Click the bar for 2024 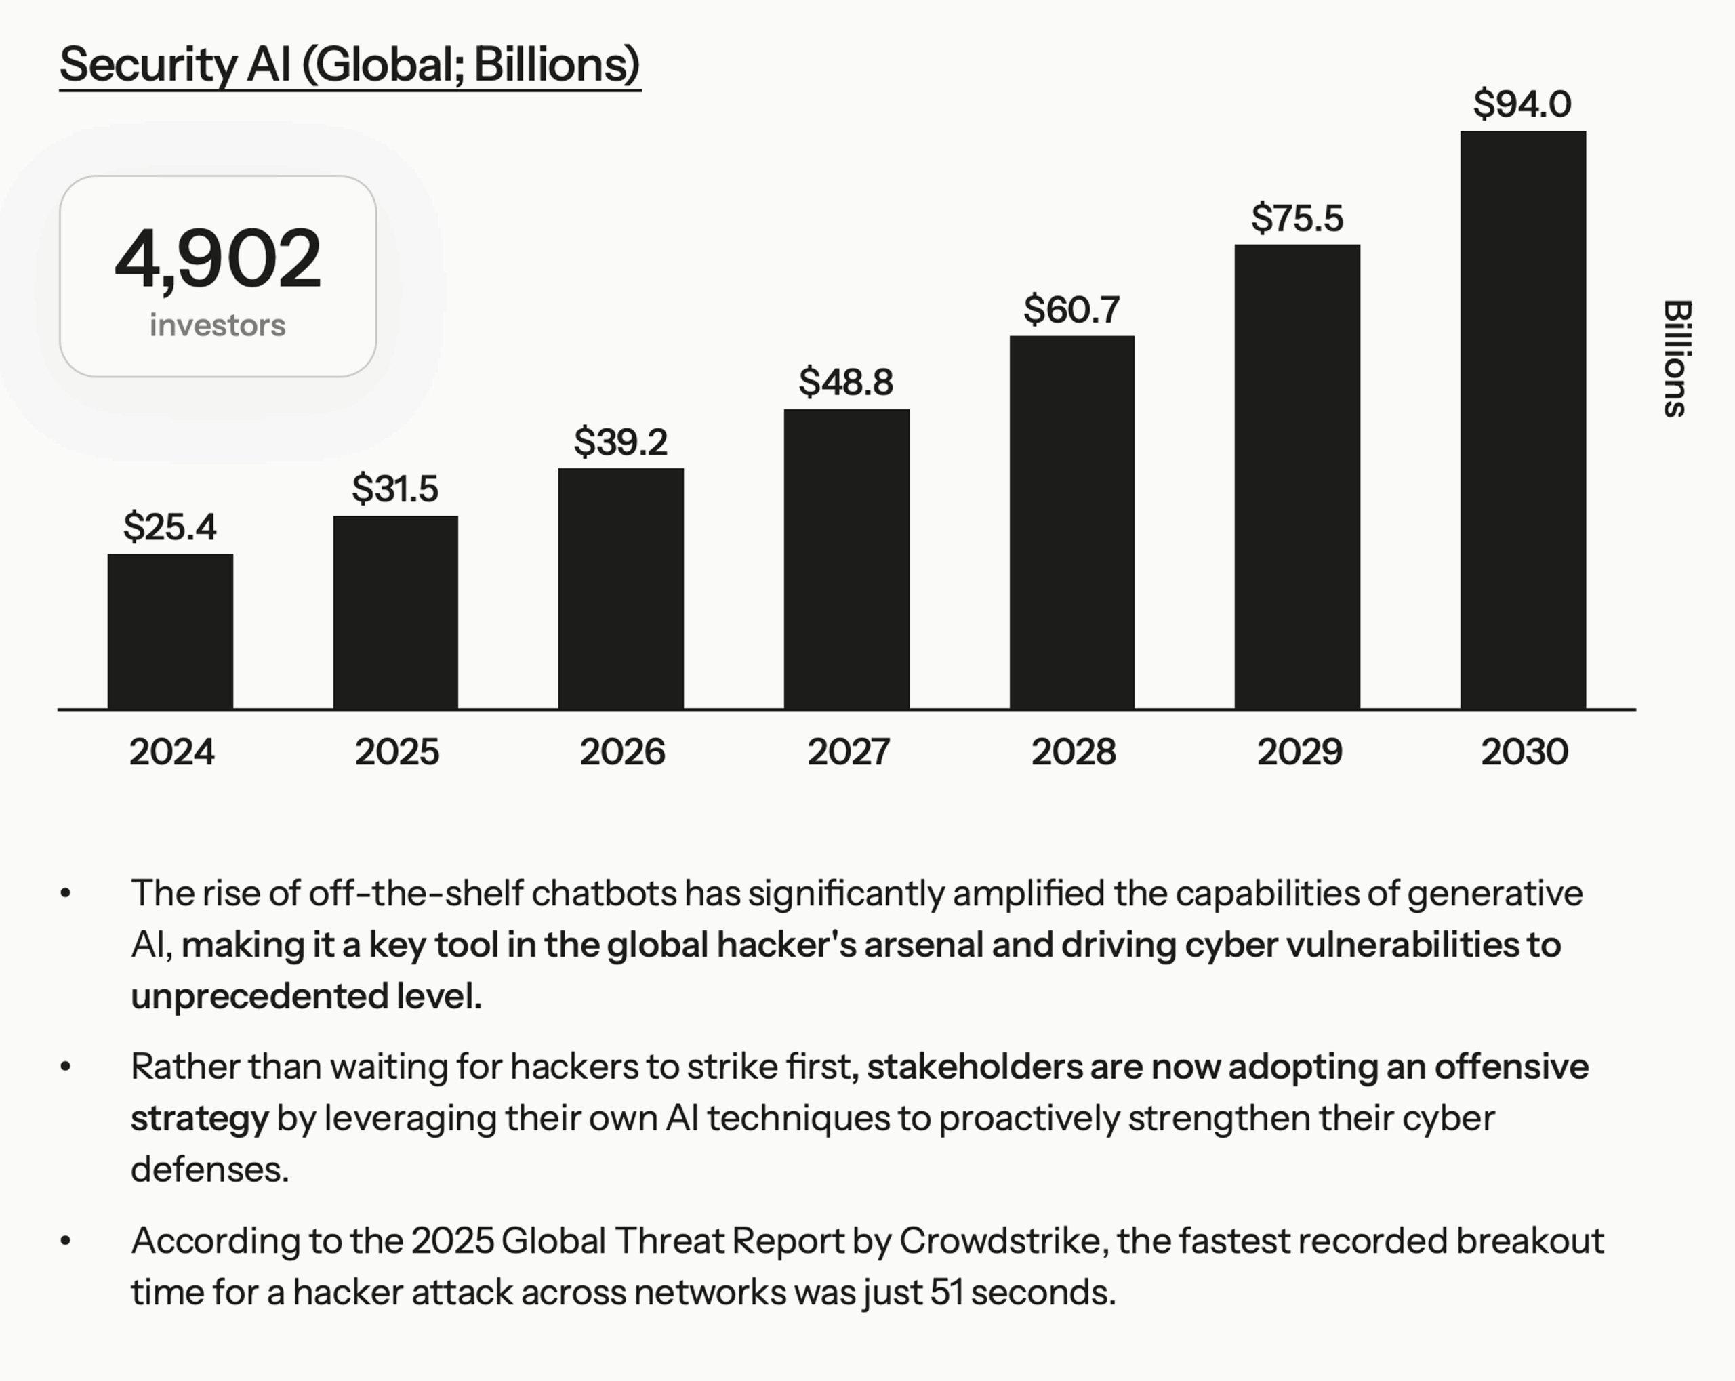(x=170, y=632)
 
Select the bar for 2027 (x=846, y=559)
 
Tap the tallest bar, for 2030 (x=1523, y=420)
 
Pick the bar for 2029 (x=1297, y=476)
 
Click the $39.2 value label (x=620, y=442)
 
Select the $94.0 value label (x=1522, y=104)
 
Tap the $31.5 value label (x=395, y=489)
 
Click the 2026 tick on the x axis (x=622, y=751)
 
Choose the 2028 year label (x=1074, y=751)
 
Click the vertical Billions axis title (x=1676, y=359)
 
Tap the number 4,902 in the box (x=218, y=258)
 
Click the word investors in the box (x=218, y=325)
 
